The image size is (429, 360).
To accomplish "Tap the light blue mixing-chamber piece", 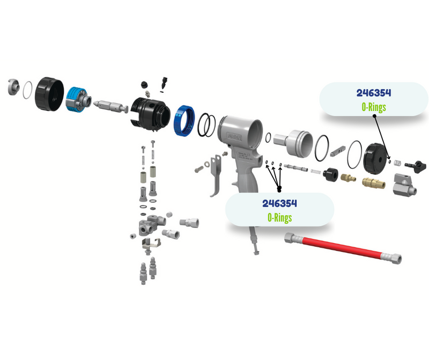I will (76, 99).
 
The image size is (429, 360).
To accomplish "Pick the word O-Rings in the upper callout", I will (374, 107).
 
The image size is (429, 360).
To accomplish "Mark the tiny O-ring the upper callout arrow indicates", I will (389, 160).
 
